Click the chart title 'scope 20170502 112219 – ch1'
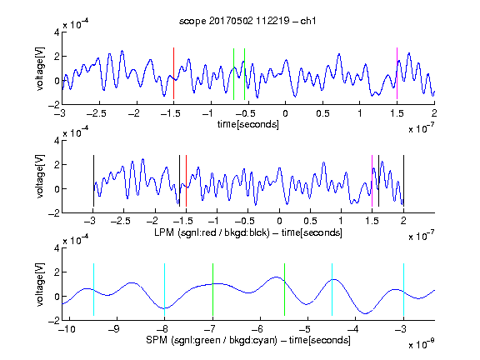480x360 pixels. pyautogui.click(x=247, y=21)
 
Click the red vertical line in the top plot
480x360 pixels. pyautogui.click(x=173, y=73)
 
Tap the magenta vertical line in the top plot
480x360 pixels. pyautogui.click(x=397, y=73)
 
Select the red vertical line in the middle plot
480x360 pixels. pyautogui.click(x=186, y=181)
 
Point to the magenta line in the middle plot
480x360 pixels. pyautogui.click(x=372, y=181)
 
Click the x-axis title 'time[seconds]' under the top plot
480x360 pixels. pyautogui.click(x=248, y=124)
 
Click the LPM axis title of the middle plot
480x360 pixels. pyautogui.click(x=248, y=232)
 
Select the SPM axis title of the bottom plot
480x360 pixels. pyautogui.click(x=248, y=340)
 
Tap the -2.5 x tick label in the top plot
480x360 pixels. pyautogui.click(x=96, y=113)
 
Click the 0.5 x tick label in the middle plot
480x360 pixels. pyautogui.click(x=310, y=221)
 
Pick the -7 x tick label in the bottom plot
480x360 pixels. pyautogui.click(x=210, y=329)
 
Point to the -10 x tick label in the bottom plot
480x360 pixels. pyautogui.click(x=67, y=329)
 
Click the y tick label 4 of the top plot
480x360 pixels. pyautogui.click(x=57, y=32)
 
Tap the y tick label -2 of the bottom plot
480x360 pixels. pyautogui.click(x=54, y=321)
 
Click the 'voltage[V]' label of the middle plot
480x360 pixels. pyautogui.click(x=40, y=177)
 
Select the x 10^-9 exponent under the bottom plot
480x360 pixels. pyautogui.click(x=421, y=343)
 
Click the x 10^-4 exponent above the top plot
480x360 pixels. pyautogui.click(x=76, y=23)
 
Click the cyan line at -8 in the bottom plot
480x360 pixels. pyautogui.click(x=164, y=289)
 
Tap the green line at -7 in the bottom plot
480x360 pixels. pyautogui.click(x=212, y=289)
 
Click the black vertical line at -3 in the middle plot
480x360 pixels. pyautogui.click(x=93, y=181)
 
